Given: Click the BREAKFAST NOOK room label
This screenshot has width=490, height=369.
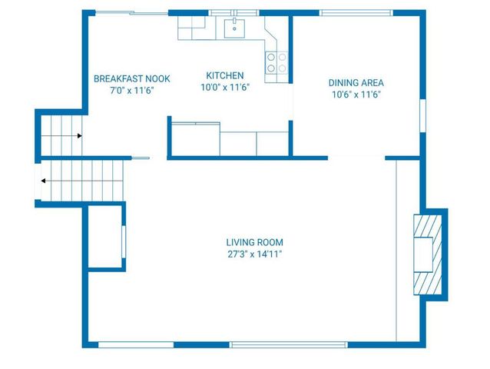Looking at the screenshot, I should (131, 79).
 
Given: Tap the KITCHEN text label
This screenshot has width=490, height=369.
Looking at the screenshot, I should (225, 75).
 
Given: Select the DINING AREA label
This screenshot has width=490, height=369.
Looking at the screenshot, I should (356, 83).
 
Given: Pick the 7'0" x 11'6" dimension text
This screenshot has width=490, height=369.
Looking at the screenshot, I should (131, 91).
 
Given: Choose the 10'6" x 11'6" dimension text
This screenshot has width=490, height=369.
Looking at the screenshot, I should (356, 95).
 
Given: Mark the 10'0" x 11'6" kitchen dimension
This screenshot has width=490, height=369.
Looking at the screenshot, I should (225, 87).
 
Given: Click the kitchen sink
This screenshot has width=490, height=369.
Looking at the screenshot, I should (233, 28).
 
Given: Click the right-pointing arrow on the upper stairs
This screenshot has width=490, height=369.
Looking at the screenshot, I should (80, 136).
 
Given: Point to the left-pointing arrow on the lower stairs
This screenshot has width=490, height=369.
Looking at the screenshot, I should (43, 181).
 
